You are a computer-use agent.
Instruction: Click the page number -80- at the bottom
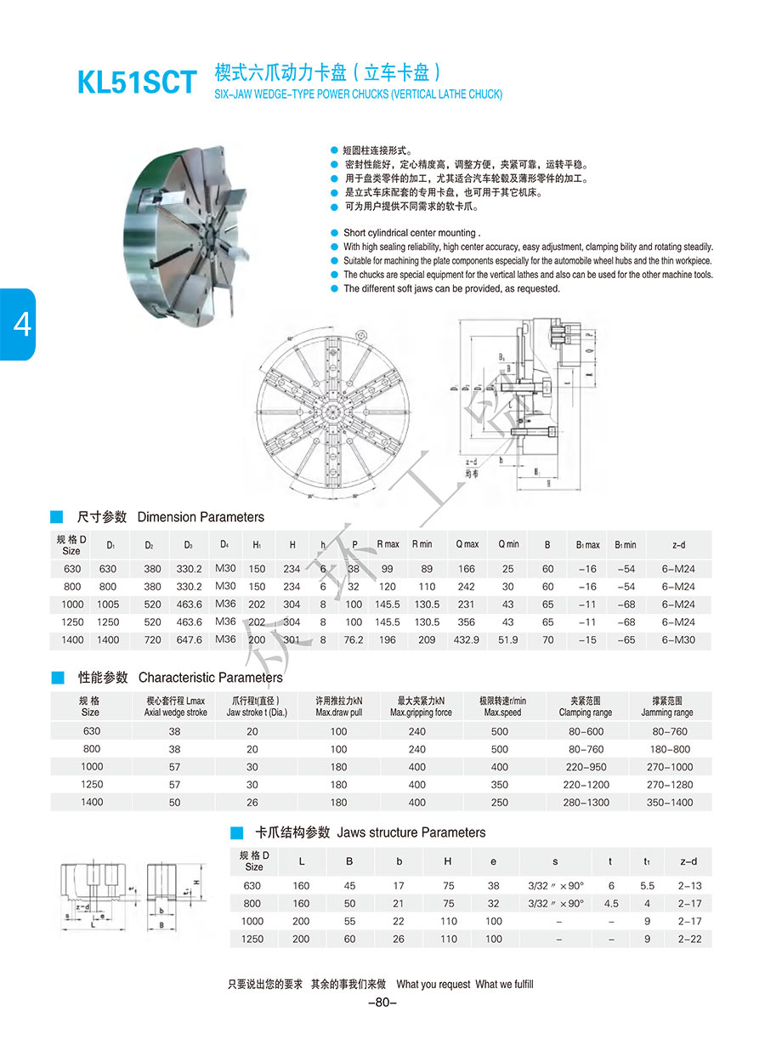tap(382, 1002)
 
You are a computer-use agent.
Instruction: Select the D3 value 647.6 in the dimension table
tap(188, 640)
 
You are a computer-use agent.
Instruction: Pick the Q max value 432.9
tap(467, 640)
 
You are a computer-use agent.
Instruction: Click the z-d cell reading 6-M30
tap(677, 640)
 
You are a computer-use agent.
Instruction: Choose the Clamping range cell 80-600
tap(586, 731)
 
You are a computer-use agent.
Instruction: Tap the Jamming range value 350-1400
tap(670, 803)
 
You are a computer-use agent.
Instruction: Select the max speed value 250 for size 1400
tap(500, 803)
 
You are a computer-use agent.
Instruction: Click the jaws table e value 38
tap(494, 886)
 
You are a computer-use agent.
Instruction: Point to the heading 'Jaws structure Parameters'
tap(411, 833)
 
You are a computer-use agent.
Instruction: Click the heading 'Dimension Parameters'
tap(201, 517)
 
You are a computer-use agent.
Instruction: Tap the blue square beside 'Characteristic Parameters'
tap(58, 678)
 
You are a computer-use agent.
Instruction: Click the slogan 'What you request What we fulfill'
tap(465, 985)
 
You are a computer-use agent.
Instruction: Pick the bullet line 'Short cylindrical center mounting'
tap(411, 233)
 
